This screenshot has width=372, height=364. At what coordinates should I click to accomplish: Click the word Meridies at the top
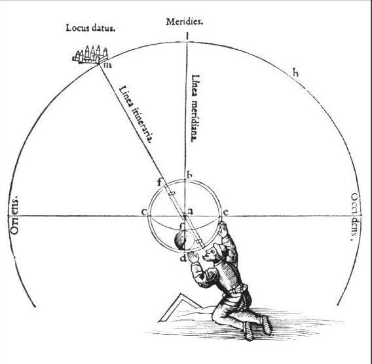(x=184, y=22)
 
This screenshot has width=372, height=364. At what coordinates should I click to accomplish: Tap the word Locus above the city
(x=75, y=28)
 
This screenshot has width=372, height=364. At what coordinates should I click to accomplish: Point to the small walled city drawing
(x=90, y=55)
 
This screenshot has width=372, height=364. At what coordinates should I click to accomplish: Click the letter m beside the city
(x=107, y=65)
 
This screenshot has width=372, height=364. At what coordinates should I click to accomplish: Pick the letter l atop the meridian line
(x=187, y=36)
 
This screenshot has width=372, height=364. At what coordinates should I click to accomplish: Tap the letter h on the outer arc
(x=295, y=72)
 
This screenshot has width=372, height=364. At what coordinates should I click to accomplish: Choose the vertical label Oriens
(x=14, y=215)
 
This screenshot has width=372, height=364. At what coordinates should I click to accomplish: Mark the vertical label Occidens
(x=355, y=216)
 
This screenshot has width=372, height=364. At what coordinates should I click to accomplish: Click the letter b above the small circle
(x=189, y=175)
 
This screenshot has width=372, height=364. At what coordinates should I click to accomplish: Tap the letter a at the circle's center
(x=191, y=211)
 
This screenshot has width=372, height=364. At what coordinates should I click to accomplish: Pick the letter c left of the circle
(x=144, y=211)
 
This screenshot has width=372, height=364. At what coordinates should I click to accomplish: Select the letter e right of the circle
(x=226, y=212)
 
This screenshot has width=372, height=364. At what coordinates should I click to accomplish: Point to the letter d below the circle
(x=183, y=257)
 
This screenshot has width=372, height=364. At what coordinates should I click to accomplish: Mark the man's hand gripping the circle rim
(x=223, y=229)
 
